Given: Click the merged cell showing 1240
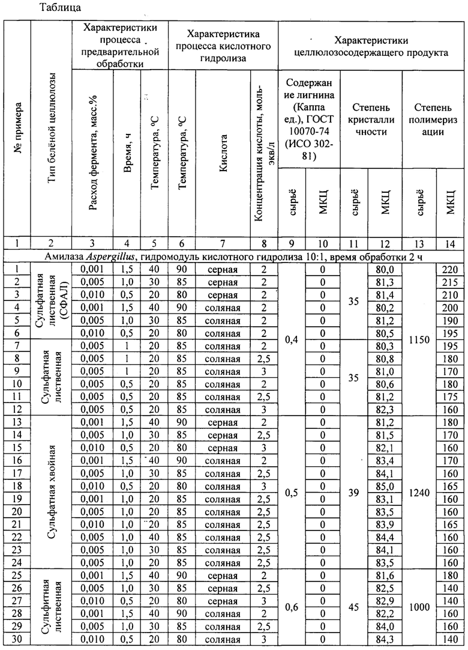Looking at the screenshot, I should click(x=419, y=496).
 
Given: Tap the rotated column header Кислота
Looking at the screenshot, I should click(x=223, y=154).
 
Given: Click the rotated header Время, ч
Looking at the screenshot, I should click(x=127, y=154).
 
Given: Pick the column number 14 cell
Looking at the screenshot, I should click(x=451, y=243).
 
